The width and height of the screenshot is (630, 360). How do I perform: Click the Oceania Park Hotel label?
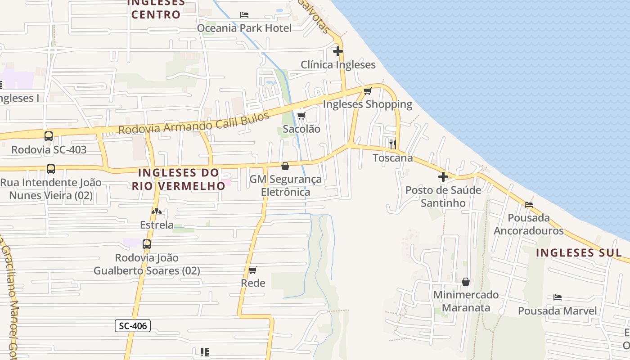(x=244, y=28)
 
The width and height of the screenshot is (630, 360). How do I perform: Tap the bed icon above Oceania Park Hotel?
(x=244, y=15)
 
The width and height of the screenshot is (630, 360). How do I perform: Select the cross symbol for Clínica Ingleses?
(x=338, y=51)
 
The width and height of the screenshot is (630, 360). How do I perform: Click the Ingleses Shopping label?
(x=368, y=104)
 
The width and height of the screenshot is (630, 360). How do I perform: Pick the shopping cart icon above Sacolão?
(x=301, y=116)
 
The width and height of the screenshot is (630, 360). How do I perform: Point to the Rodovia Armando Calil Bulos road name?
(x=193, y=123)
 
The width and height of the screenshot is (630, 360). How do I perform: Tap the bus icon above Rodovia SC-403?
(x=49, y=136)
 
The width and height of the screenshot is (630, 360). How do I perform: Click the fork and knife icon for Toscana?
(x=393, y=144)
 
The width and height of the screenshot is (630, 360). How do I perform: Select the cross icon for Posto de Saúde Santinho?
(x=443, y=177)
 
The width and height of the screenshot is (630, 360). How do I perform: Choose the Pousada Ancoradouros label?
(x=529, y=224)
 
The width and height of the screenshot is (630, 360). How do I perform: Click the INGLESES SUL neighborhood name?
(x=579, y=252)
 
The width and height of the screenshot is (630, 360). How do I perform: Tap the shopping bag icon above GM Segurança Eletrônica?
(x=285, y=166)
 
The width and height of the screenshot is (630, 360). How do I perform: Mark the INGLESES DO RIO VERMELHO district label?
(x=179, y=179)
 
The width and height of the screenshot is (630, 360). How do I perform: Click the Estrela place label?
(x=157, y=225)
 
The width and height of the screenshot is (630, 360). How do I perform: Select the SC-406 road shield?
(x=133, y=325)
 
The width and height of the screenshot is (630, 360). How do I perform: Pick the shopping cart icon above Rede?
(x=253, y=270)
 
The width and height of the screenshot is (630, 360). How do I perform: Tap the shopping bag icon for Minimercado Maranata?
(x=466, y=282)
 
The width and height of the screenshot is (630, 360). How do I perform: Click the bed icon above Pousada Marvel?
(x=558, y=297)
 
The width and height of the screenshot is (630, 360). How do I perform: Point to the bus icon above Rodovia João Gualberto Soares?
(x=147, y=244)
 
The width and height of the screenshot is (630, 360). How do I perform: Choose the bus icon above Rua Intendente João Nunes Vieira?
(x=51, y=169)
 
